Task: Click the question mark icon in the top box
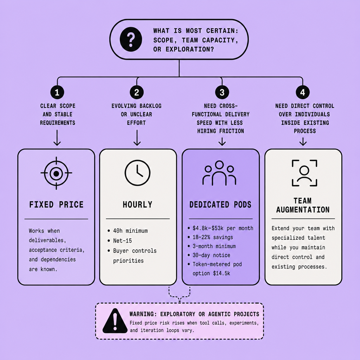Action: click(131, 39)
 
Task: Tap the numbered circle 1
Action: click(57, 92)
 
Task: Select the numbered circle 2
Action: click(137, 92)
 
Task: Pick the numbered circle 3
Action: click(222, 92)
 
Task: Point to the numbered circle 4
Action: click(303, 92)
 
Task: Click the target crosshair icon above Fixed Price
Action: click(56, 173)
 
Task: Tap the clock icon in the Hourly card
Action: click(137, 173)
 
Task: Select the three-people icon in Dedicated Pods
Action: click(219, 173)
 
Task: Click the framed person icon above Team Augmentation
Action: click(304, 173)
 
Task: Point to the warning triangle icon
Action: click(115, 321)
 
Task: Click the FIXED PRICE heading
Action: click(56, 205)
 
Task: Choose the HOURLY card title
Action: click(137, 205)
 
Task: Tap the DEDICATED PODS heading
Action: click(220, 205)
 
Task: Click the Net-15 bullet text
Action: click(122, 240)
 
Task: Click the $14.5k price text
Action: click(221, 273)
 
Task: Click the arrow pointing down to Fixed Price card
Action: click(57, 138)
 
